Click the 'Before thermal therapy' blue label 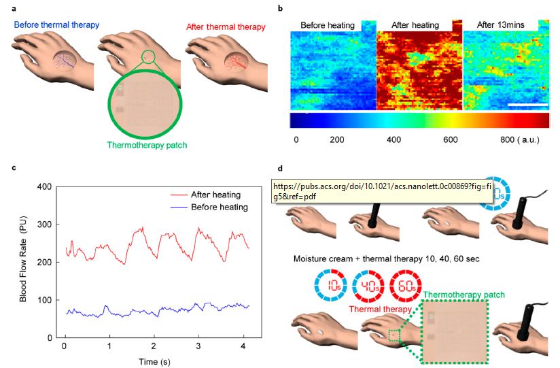[x=55, y=25]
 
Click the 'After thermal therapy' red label [x=224, y=25]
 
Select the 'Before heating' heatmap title [x=328, y=25]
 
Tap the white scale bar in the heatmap [x=527, y=105]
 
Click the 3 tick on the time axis [x=198, y=346]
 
